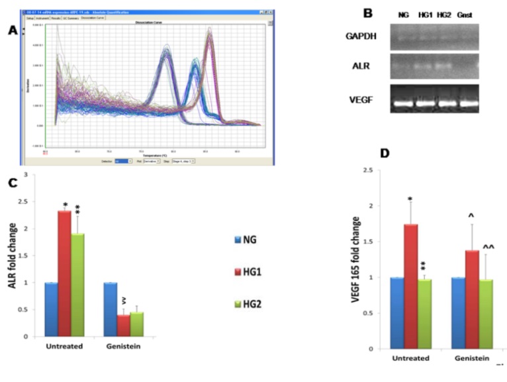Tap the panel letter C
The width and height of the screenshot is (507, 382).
[11, 181]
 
